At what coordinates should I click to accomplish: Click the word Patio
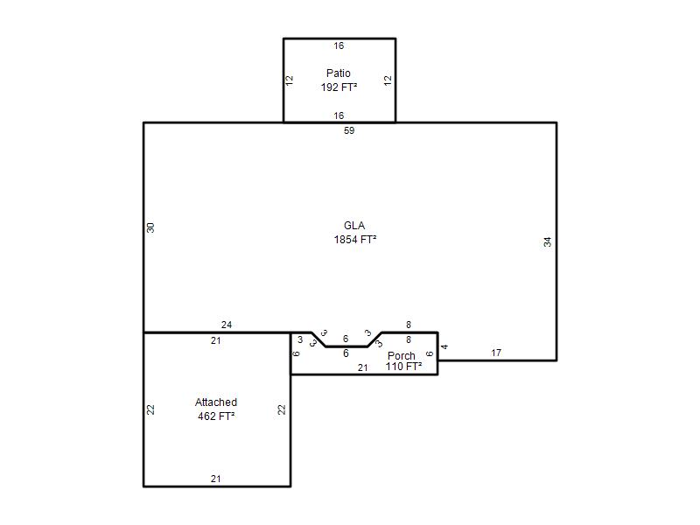point(339,73)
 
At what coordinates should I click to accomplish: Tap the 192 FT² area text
point(339,87)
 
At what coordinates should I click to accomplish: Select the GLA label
point(354,226)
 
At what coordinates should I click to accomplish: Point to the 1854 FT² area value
point(355,239)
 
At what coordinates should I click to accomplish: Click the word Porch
point(402,356)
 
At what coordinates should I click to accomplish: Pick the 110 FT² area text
point(403,367)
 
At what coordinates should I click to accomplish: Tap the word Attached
point(216,402)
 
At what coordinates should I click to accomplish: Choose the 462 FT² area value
point(216,416)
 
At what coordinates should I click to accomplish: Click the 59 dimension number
point(349,130)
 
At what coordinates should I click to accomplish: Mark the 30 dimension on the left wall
point(150,227)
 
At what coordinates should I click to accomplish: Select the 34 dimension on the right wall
point(548,242)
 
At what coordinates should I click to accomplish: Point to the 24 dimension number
point(227,325)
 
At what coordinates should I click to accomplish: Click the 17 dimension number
point(496,353)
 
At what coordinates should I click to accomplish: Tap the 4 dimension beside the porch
point(444,346)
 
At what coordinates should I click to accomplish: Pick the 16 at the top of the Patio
point(339,45)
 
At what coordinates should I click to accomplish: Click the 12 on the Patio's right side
point(388,80)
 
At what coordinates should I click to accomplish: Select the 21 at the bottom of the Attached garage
point(215,479)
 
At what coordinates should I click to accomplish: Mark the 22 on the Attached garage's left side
point(150,409)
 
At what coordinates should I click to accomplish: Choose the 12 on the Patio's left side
point(290,80)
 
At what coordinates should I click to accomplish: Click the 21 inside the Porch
point(362,367)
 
